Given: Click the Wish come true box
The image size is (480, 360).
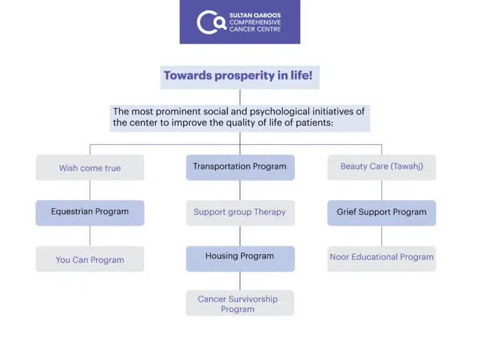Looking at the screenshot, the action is click(90, 167).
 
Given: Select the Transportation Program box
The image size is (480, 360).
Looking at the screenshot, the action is click(240, 167).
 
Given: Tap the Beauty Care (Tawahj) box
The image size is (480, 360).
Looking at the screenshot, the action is click(382, 167).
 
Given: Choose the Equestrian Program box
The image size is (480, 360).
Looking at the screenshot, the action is click(90, 213).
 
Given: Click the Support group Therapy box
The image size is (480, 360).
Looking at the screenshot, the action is click(240, 213).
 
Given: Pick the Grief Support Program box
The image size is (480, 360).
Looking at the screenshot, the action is click(382, 213).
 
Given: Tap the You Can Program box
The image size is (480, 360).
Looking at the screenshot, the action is click(90, 259).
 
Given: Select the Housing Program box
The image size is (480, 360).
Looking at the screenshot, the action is click(240, 259).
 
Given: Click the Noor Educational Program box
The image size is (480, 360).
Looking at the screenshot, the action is click(382, 259).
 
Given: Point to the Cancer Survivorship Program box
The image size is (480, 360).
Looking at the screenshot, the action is click(240, 303).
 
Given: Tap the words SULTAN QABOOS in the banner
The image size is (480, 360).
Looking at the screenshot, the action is click(255, 15).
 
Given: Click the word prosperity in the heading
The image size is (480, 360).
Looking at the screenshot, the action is click(244, 76).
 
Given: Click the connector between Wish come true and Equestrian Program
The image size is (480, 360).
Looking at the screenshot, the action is click(90, 191).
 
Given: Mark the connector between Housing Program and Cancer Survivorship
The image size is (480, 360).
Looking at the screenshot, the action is click(240, 281).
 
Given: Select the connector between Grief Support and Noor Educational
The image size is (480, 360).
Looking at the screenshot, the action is click(382, 236).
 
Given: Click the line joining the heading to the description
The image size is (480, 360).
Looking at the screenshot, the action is click(240, 97).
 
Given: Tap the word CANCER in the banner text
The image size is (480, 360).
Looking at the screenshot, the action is click(241, 29).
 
